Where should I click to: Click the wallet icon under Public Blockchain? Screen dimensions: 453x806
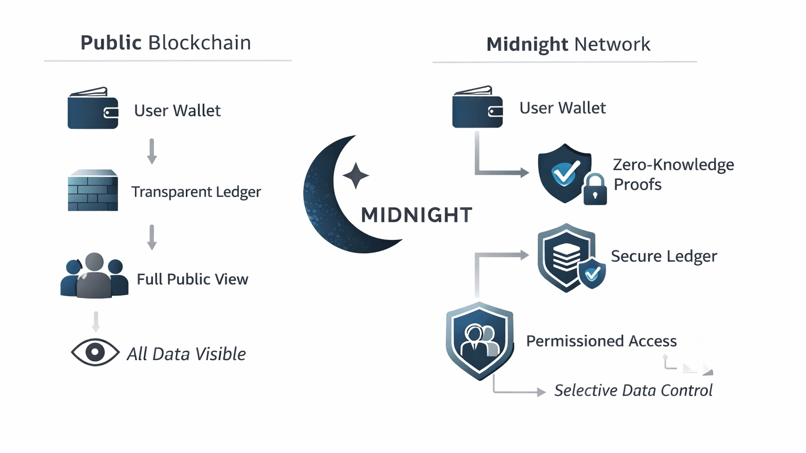(x=93, y=109)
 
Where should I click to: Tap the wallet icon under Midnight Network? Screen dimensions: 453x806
(x=478, y=108)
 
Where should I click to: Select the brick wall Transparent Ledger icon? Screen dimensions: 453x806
(x=93, y=191)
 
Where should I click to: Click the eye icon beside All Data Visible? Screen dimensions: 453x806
(x=95, y=352)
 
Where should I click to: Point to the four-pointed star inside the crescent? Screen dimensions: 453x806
(x=356, y=175)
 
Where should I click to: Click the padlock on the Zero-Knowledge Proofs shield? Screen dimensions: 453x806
(x=595, y=189)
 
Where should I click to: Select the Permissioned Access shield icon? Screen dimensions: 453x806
(x=479, y=341)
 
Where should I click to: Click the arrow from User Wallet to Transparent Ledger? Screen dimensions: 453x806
(x=152, y=151)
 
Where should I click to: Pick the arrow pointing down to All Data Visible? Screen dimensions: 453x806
(x=96, y=322)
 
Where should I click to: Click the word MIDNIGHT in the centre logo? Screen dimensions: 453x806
(x=417, y=215)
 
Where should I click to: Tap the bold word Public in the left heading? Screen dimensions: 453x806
(x=111, y=43)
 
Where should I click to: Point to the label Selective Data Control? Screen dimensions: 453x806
(x=633, y=391)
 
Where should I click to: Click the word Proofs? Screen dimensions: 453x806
(x=638, y=185)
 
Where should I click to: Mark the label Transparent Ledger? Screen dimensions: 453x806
(x=196, y=192)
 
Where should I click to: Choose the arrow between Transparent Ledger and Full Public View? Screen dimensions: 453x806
(x=152, y=237)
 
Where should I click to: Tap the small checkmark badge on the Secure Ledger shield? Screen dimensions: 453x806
(x=592, y=273)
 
